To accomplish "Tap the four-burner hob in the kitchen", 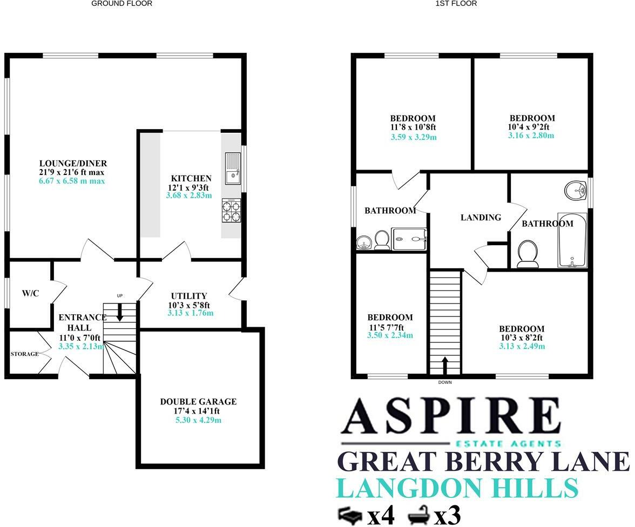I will click(x=232, y=210).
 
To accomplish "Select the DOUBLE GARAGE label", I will click(x=198, y=402).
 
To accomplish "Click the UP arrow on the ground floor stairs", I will click(x=120, y=311).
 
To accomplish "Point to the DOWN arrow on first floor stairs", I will click(x=445, y=366).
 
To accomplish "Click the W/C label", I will click(x=30, y=293).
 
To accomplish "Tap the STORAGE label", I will click(x=25, y=354).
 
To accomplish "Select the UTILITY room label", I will click(x=189, y=296).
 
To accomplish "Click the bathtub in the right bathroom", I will click(x=573, y=240).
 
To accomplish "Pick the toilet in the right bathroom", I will click(x=528, y=253).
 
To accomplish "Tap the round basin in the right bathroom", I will click(x=576, y=190).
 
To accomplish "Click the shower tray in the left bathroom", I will click(x=409, y=238).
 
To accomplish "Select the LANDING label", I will click(x=481, y=218).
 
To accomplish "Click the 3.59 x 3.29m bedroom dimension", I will click(x=413, y=137).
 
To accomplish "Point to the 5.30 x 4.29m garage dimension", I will click(x=198, y=420).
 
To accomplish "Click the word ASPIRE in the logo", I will click(x=450, y=417).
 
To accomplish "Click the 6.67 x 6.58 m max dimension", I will click(x=72, y=181).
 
